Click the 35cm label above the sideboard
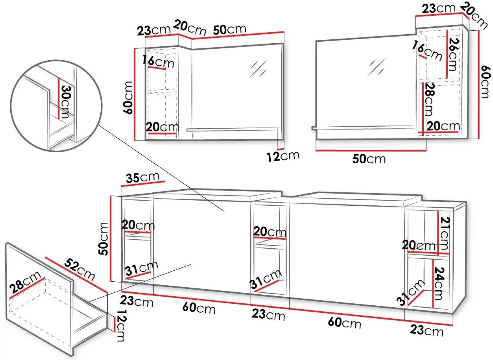click(x=142, y=177)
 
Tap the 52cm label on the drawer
click(x=79, y=270)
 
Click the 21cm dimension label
click(x=445, y=233)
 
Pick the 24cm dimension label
click(x=439, y=283)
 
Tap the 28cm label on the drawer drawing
click(x=25, y=282)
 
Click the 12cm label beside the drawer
click(x=121, y=326)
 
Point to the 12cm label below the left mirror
click(x=283, y=156)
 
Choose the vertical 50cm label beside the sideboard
click(x=103, y=239)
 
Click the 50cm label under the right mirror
click(x=369, y=159)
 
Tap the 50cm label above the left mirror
click(x=229, y=30)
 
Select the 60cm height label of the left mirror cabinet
click(x=128, y=98)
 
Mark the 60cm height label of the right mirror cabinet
click(x=486, y=81)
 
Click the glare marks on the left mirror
click(x=259, y=68)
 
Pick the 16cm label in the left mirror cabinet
click(x=158, y=62)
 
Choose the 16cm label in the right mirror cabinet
click(x=427, y=51)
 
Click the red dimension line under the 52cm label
click(x=76, y=275)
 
